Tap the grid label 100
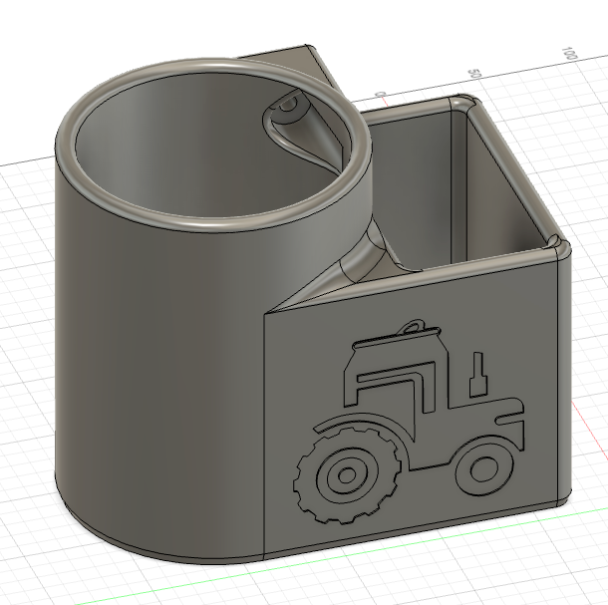tap(570, 52)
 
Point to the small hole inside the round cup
tap(288, 103)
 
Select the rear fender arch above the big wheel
tap(349, 424)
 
